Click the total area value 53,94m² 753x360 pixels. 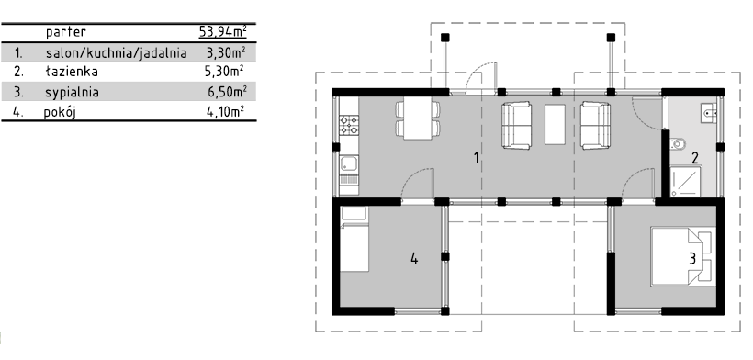tap(223, 31)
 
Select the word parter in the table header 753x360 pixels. tap(66, 32)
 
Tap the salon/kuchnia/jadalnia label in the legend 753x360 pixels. tap(117, 52)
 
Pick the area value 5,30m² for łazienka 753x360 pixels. tap(224, 72)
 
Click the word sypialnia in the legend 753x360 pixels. tap(72, 92)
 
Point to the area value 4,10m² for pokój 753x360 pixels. tap(226, 112)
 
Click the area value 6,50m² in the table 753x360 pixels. tap(227, 91)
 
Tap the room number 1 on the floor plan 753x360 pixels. tap(477, 157)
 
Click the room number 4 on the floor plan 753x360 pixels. tap(414, 259)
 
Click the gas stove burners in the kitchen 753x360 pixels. tap(349, 125)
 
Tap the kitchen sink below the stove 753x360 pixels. tap(349, 164)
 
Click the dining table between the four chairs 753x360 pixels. tap(417, 120)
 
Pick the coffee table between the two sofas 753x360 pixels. tap(556, 124)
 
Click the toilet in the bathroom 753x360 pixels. tap(677, 143)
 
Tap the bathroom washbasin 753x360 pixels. tap(709, 113)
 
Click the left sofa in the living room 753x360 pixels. tap(516, 125)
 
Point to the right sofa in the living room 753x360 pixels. tap(595, 125)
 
